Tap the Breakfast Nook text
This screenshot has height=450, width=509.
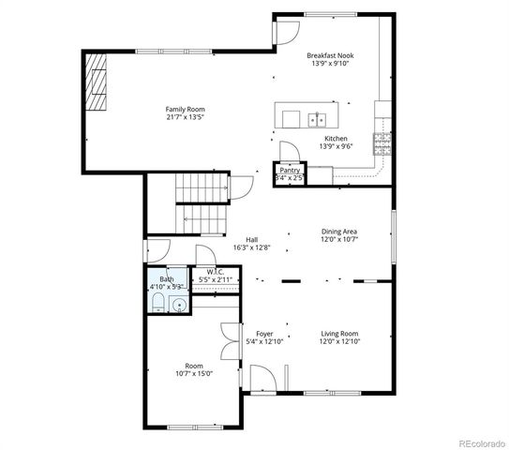[x=329, y=55]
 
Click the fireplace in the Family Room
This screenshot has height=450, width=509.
[x=97, y=82]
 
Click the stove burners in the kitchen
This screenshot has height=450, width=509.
[x=382, y=142]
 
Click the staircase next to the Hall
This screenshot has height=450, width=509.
[x=204, y=204]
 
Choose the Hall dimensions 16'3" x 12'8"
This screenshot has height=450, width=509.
[x=251, y=248]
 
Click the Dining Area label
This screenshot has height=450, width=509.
[x=339, y=231]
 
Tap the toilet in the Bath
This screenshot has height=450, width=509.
[x=158, y=303]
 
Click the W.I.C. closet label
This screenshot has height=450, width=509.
[x=215, y=273]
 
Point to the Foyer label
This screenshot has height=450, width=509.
[x=263, y=333]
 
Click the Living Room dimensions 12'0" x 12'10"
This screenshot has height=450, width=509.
[x=340, y=341]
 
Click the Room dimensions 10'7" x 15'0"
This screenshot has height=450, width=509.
[x=193, y=373]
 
